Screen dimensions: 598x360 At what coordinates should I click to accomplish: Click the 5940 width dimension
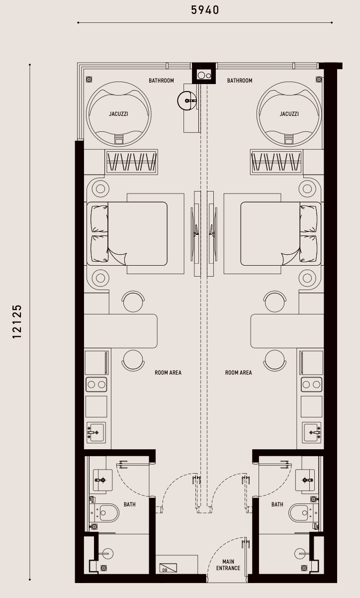(x=205, y=10)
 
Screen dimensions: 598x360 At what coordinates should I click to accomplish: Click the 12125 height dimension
(x=17, y=321)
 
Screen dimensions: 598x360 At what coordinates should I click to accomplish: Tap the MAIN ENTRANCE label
(x=228, y=565)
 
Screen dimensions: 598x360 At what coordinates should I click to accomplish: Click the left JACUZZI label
(x=118, y=114)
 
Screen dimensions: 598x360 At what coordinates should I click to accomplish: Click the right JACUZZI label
(x=289, y=114)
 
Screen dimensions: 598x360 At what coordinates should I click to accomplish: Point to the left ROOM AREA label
(x=168, y=373)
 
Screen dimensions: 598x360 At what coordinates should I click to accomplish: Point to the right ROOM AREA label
(x=238, y=373)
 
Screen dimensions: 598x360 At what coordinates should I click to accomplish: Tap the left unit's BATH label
(x=130, y=504)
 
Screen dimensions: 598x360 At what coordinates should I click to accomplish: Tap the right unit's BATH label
(x=277, y=504)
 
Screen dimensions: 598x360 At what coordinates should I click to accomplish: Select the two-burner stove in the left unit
(x=96, y=385)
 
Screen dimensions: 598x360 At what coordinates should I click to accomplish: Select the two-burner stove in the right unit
(x=311, y=385)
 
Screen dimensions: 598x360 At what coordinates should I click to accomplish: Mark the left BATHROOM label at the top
(x=161, y=81)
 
